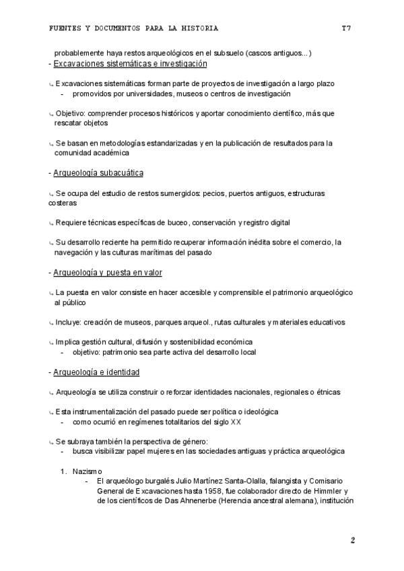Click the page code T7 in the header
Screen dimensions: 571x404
tap(346, 28)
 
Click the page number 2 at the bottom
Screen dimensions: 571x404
tap(352, 540)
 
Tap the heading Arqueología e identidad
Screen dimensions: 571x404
tap(96, 372)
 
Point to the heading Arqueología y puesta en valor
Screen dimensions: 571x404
tap(108, 273)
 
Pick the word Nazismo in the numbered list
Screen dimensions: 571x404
tap(90, 471)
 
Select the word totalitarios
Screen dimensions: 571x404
tap(182, 422)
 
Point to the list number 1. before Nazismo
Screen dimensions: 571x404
tap(64, 471)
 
